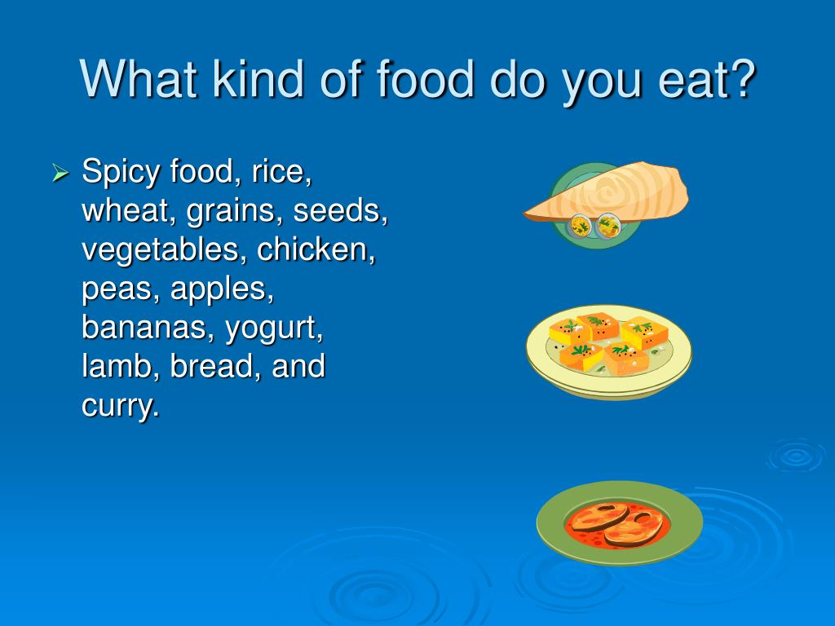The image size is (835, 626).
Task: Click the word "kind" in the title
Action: [x=258, y=79]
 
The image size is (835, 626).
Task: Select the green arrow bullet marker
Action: [x=60, y=173]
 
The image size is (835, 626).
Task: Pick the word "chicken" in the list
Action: [x=316, y=249]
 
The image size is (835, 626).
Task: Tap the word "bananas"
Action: [x=144, y=327]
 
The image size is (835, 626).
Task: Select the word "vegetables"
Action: [x=164, y=251]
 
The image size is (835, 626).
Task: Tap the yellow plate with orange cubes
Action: [x=608, y=351]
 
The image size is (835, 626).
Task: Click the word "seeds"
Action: [x=340, y=210]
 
